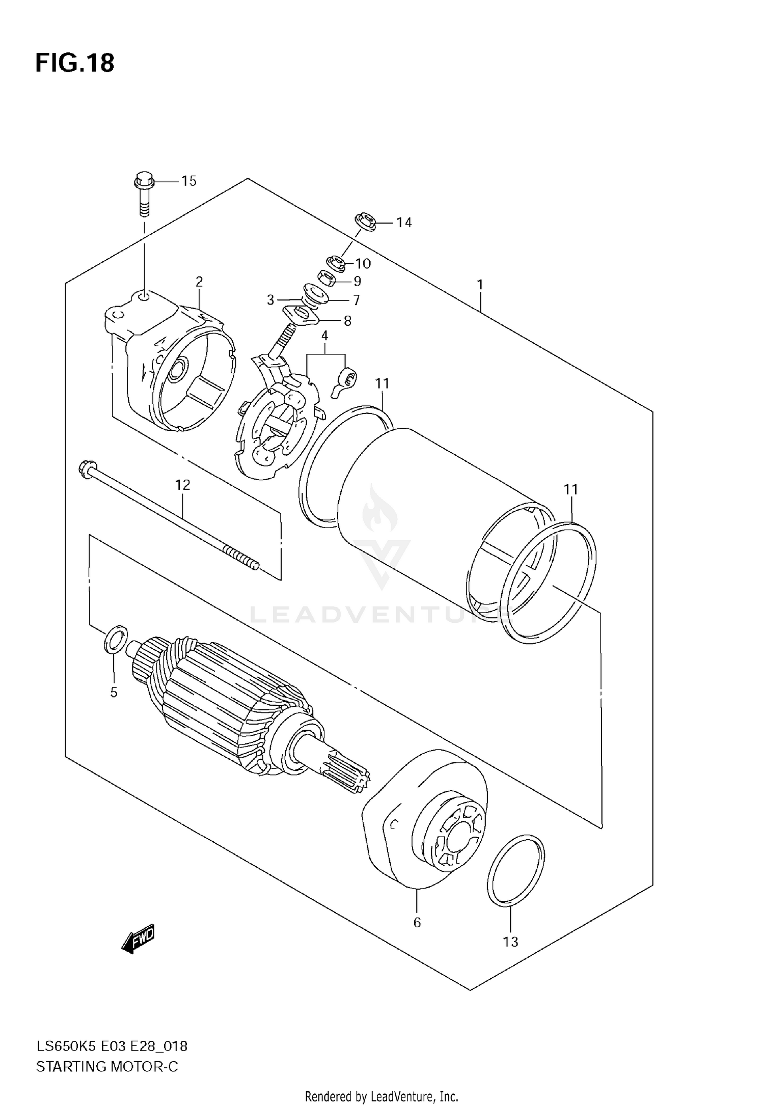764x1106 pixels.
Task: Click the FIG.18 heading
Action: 75,63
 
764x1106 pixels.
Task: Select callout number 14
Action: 404,223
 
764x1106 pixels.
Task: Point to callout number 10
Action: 363,263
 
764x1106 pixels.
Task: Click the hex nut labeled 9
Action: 326,278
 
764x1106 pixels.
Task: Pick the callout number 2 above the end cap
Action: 199,282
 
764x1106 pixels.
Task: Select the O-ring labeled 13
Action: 515,871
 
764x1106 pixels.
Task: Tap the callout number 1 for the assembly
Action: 479,285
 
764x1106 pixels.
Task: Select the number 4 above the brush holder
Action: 324,336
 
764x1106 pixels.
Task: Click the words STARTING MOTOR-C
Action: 107,1066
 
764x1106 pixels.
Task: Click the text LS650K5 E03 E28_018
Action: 112,1046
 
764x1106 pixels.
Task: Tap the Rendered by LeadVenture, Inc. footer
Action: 381,1096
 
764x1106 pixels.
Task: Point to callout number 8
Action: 347,321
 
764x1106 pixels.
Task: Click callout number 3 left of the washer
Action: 270,299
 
